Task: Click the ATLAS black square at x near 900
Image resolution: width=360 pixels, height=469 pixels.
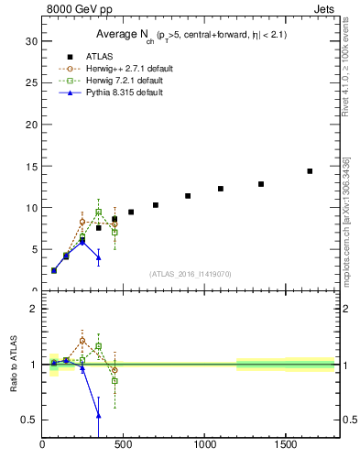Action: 188,196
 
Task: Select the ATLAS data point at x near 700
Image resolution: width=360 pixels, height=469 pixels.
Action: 156,205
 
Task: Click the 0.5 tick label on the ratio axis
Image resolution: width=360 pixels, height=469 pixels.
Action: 28,420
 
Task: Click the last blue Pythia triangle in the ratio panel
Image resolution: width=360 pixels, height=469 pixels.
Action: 99,415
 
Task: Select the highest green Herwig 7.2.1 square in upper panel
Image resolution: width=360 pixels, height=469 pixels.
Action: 99,212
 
